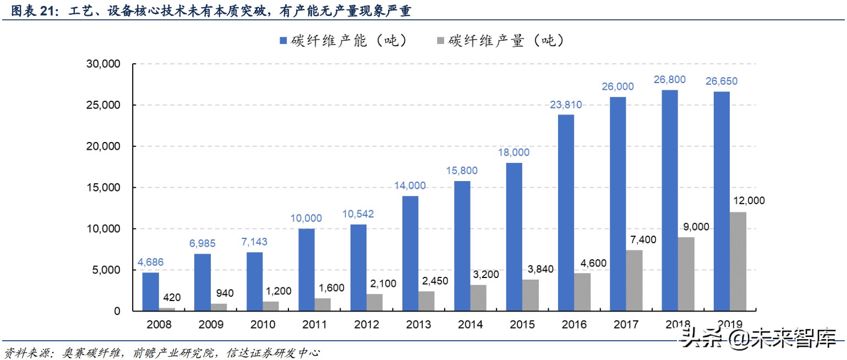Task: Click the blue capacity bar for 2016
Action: pyautogui.click(x=566, y=212)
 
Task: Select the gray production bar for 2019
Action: pyautogui.click(x=739, y=261)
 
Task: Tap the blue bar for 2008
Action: pyautogui.click(x=151, y=292)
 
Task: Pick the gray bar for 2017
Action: pyautogui.click(x=635, y=280)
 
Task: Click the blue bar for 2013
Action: pyautogui.click(x=411, y=253)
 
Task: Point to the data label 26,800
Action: pyautogui.click(x=670, y=80)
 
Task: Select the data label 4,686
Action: pyautogui.click(x=150, y=263)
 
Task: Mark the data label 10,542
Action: pyautogui.click(x=358, y=214)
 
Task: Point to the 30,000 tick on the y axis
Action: pyautogui.click(x=102, y=64)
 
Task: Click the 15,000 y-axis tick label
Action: pyautogui.click(x=102, y=188)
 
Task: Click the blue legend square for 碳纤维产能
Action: pyautogui.click(x=283, y=40)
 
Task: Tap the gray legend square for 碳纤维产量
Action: pyautogui.click(x=440, y=40)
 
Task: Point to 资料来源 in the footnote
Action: pyautogui.click(x=22, y=352)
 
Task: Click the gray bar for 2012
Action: pyautogui.click(x=374, y=302)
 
